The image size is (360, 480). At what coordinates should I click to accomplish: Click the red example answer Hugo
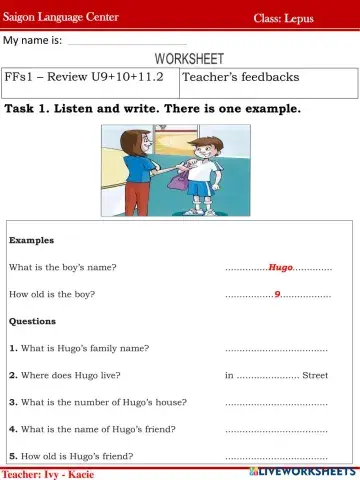280,268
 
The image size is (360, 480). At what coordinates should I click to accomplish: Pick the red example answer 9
277,295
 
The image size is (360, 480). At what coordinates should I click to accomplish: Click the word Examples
31,241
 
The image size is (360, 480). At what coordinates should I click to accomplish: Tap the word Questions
33,322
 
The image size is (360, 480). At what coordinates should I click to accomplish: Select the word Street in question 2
315,376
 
